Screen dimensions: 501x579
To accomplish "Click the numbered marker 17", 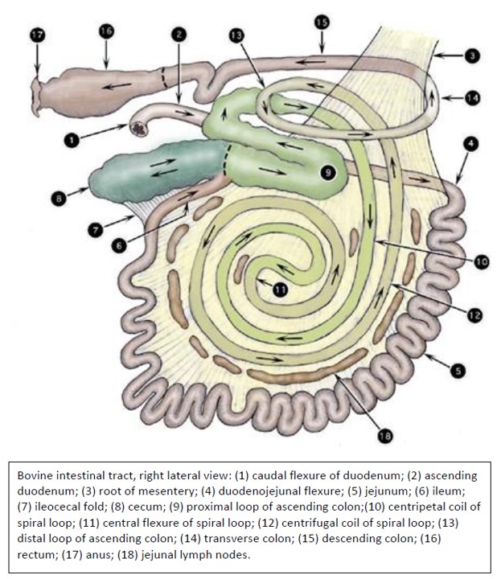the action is [x=37, y=35].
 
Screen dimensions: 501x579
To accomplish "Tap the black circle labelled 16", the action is [x=106, y=31].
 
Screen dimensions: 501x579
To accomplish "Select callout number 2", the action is [x=179, y=35].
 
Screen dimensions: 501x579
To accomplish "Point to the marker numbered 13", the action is [x=236, y=36].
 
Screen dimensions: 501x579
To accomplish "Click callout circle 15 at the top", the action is [x=322, y=23].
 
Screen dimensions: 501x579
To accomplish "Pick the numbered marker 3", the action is [x=472, y=55].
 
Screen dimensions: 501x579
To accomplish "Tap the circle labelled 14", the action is [x=473, y=98].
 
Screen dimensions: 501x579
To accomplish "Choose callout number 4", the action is [x=470, y=144].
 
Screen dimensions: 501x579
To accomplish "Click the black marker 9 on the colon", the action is [x=328, y=172].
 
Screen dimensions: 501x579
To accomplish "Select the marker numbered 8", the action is [x=59, y=199].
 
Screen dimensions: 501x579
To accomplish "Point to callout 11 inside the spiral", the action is [x=281, y=289].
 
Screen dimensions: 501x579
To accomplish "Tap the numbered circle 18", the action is [x=384, y=436].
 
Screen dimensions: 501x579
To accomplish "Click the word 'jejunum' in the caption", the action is [x=388, y=491].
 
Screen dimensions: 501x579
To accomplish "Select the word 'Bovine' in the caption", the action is [x=36, y=475].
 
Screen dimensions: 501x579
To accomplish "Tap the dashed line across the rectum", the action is [x=165, y=80].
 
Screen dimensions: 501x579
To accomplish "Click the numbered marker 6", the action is [x=119, y=245].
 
